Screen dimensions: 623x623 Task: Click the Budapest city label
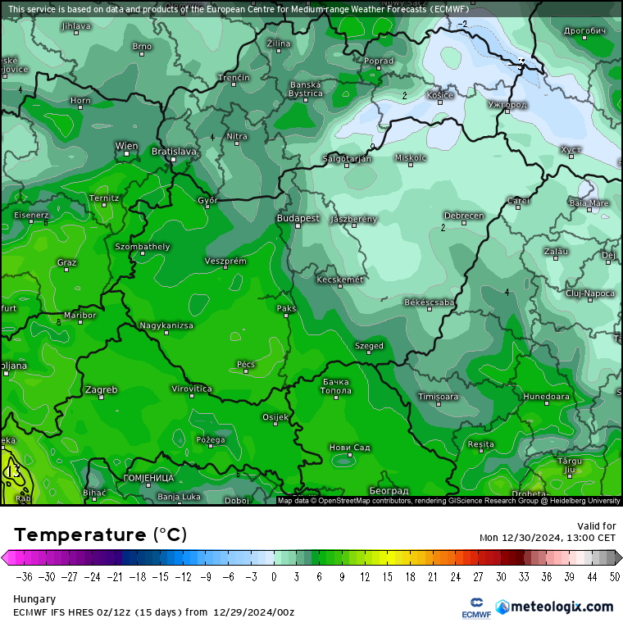pos(298,219)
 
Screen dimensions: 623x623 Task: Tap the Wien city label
pos(126,146)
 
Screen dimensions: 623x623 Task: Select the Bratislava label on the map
pos(174,152)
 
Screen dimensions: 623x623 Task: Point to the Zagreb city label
pos(101,389)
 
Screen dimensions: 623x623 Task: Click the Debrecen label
pos(464,216)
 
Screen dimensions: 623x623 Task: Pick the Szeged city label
pos(369,346)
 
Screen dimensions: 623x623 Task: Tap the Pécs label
pos(246,363)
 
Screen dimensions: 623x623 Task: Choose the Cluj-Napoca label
pos(590,293)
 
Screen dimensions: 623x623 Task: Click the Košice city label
pos(440,95)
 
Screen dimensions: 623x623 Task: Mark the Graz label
pos(67,262)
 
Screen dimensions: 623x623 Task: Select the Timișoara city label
pos(439,397)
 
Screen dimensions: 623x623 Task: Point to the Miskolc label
pos(411,157)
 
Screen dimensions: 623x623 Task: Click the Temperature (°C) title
pos(100,535)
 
